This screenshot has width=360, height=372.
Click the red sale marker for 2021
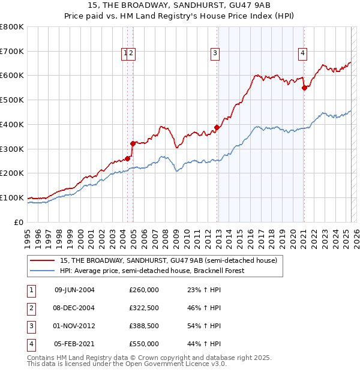[x=304, y=88]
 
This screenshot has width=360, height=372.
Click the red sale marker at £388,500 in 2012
[x=217, y=127]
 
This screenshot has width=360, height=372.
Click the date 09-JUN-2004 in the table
[x=74, y=290]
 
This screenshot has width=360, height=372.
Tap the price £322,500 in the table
[x=144, y=308]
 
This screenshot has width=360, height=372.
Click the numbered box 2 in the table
[x=29, y=308]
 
